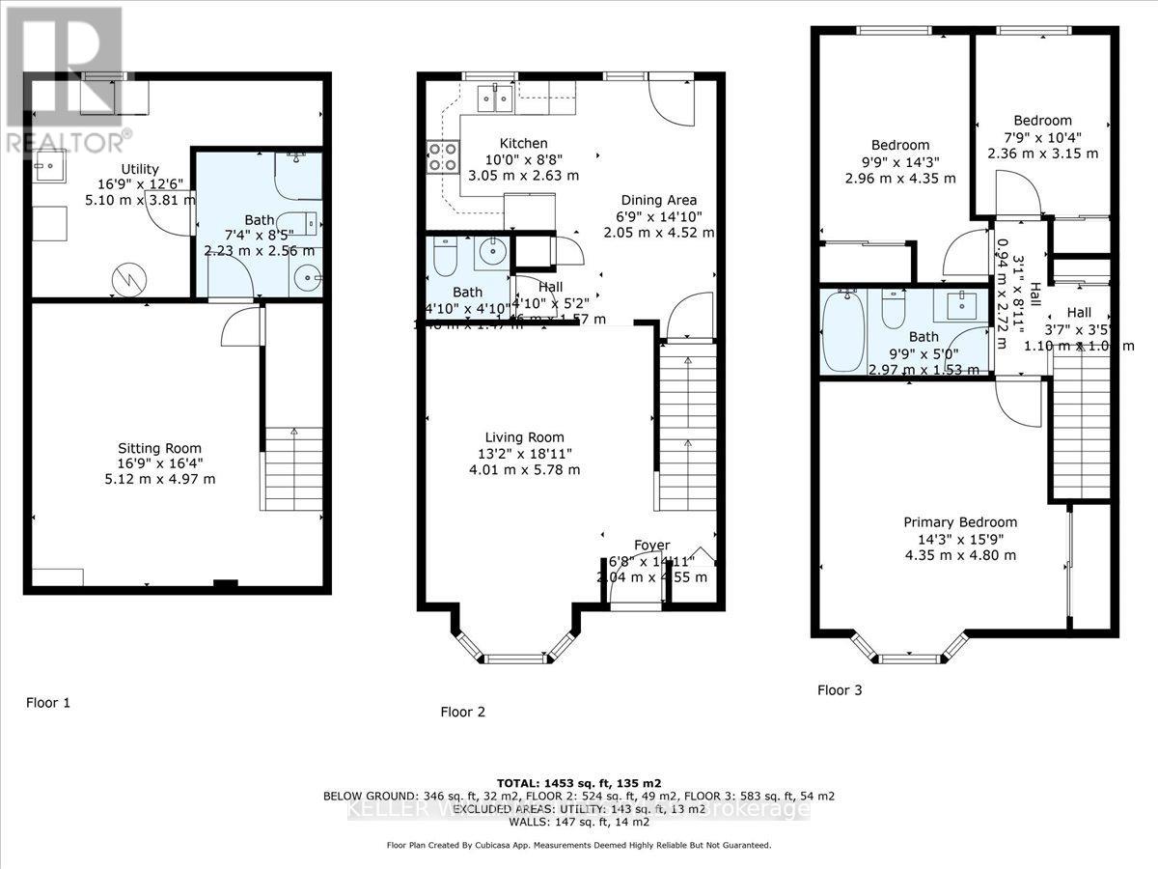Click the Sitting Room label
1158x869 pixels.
pos(159,448)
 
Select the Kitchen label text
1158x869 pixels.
pos(523,143)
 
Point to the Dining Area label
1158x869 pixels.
pos(659,200)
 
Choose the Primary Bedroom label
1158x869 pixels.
pos(959,522)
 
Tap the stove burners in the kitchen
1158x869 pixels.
pos(442,157)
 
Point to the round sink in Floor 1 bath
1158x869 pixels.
pos(308,278)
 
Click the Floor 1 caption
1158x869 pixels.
pos(48,703)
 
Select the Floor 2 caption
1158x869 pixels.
pos(462,712)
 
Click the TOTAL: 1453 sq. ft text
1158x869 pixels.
pos(579,782)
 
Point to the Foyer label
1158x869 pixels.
pos(651,546)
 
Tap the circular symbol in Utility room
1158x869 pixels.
pos(126,280)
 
